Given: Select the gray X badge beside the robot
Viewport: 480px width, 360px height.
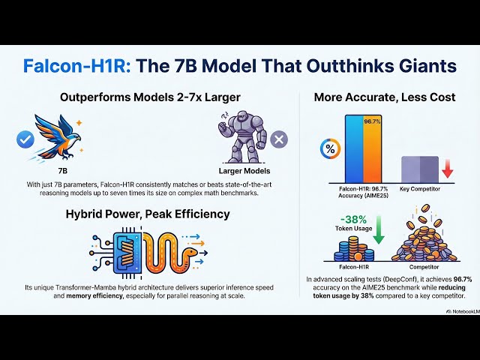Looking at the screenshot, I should point(278,139).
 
